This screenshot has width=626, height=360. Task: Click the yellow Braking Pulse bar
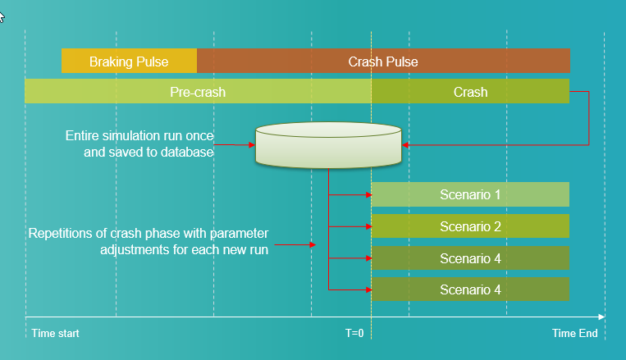(129, 62)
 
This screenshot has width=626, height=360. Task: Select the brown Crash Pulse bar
(383, 62)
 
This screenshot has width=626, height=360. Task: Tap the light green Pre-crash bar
(198, 92)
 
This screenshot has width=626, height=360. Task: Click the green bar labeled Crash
(470, 92)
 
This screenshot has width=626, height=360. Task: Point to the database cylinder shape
(328, 145)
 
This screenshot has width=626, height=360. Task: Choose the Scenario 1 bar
(470, 195)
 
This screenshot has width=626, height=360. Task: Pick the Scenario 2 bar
(470, 226)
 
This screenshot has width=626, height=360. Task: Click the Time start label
(55, 334)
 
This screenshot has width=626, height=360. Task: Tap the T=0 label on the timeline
(354, 334)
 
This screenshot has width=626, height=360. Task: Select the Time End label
(574, 334)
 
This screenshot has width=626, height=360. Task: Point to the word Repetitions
(62, 233)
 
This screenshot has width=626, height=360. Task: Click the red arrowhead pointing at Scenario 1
(367, 195)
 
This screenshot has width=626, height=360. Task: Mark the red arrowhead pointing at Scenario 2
(367, 226)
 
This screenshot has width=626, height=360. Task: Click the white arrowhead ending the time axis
(601, 317)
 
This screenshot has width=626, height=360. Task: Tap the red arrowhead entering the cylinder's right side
(406, 145)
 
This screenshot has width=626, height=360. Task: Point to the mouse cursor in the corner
(2, 17)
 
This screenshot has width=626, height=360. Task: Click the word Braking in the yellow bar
(107, 62)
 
